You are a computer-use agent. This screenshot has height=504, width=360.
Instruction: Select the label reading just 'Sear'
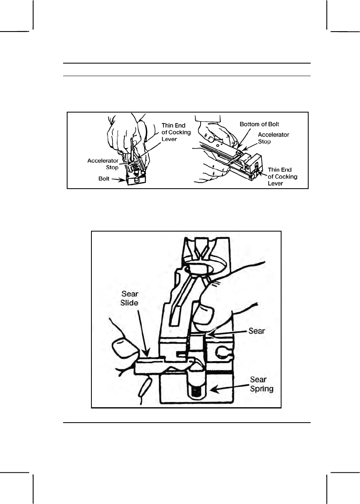coord(256,330)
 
